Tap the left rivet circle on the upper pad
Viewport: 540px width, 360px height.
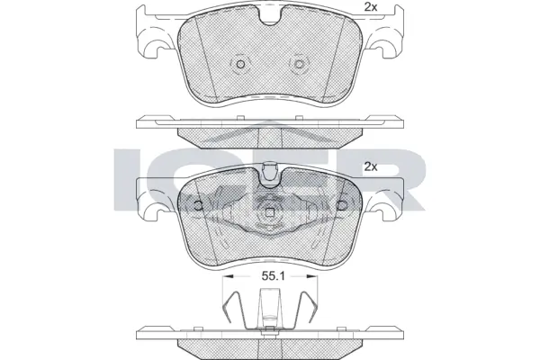coord(240,66)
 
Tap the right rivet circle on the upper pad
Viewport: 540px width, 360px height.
coord(299,66)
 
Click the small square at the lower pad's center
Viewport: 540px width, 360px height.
coord(270,213)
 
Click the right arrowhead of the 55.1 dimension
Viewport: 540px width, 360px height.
coord(316,277)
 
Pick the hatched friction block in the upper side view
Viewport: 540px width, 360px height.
coord(270,136)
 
